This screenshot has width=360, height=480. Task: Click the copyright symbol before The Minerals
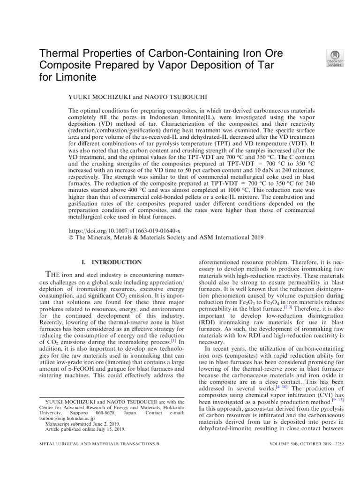(x=71, y=238)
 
